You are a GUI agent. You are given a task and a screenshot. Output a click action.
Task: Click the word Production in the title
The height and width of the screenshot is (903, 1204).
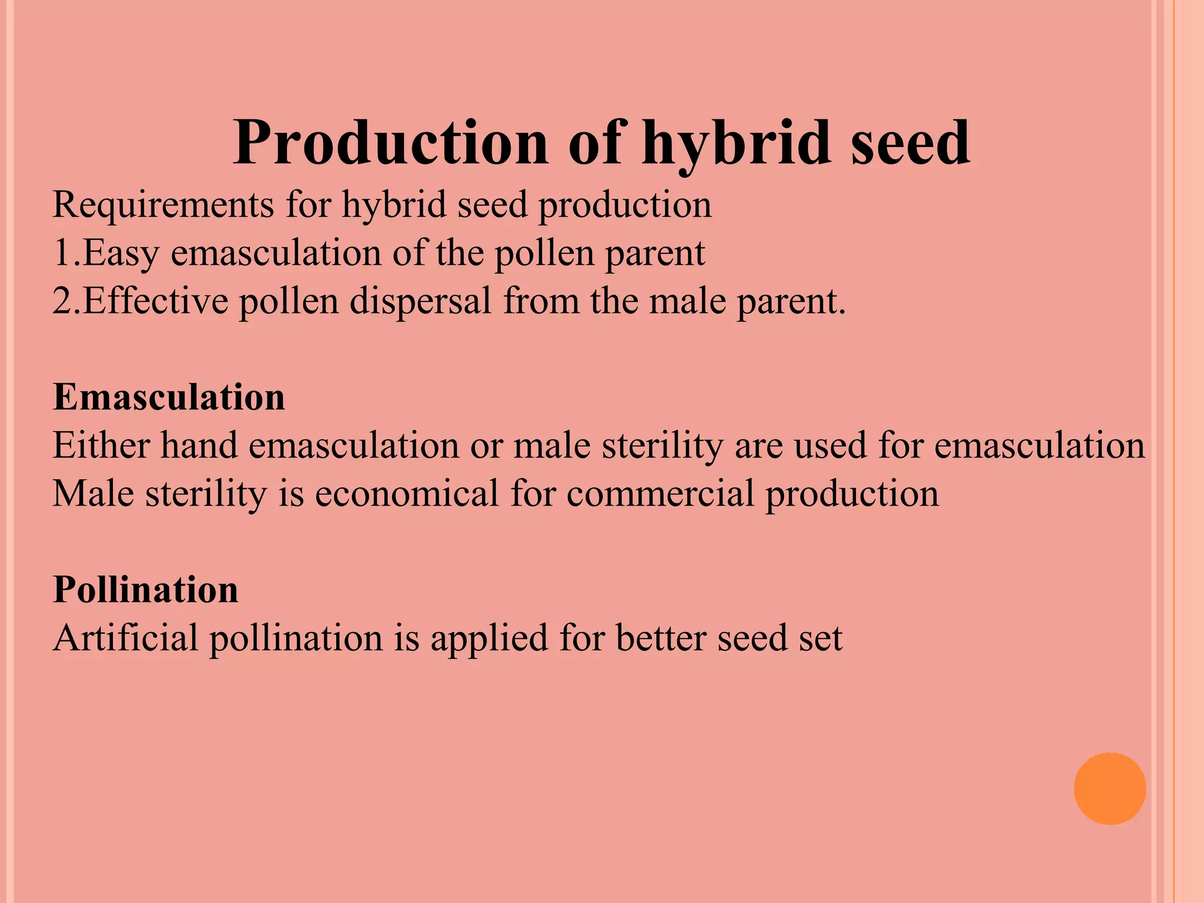pyautogui.click(x=391, y=143)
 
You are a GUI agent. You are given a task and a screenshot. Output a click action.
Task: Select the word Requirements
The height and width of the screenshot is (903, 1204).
pyautogui.click(x=163, y=206)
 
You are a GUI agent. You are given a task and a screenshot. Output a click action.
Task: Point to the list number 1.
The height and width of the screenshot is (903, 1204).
pyautogui.click(x=62, y=253)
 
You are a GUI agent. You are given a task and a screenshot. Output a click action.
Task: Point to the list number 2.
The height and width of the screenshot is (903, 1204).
pyautogui.click(x=62, y=302)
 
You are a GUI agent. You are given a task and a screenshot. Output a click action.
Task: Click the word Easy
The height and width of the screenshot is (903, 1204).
pyautogui.click(x=121, y=254)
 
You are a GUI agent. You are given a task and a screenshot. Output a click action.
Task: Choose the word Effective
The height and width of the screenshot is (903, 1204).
pyautogui.click(x=155, y=302)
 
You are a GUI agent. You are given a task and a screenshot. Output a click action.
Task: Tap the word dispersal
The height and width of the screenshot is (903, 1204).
pyautogui.click(x=420, y=302)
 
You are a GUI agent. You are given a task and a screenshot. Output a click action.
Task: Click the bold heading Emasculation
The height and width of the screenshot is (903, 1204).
pyautogui.click(x=169, y=397)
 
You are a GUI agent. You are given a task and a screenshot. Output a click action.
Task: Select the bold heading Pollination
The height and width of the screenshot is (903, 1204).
pyautogui.click(x=146, y=589)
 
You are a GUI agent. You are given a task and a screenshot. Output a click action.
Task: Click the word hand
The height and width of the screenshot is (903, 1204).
pyautogui.click(x=199, y=445)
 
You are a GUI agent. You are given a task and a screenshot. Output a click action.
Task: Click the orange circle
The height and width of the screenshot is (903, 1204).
pyautogui.click(x=1109, y=788)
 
